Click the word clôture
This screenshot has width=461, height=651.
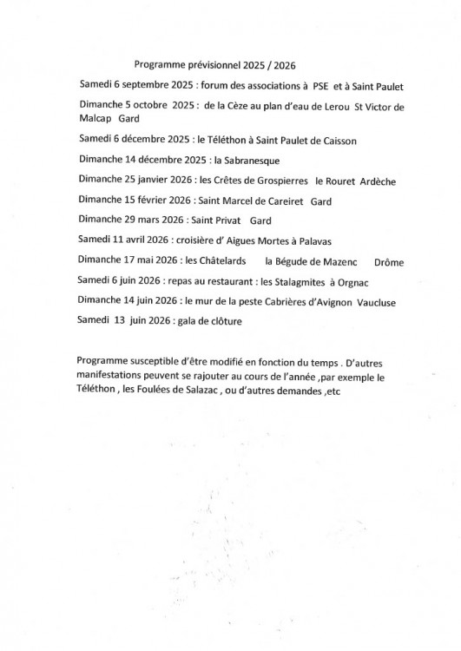point(222,321)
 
